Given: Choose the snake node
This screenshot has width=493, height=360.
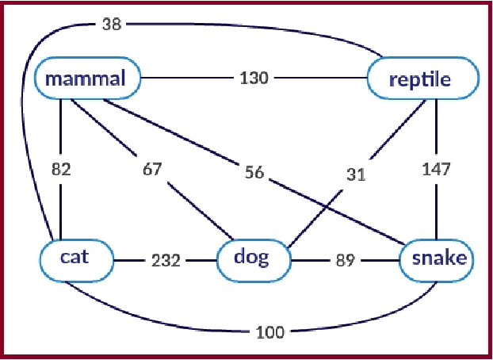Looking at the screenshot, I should pyautogui.click(x=438, y=259).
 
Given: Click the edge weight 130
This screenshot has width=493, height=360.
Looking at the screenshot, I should pyautogui.click(x=254, y=79).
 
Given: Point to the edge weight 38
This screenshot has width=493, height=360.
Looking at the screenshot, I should pyautogui.click(x=110, y=24).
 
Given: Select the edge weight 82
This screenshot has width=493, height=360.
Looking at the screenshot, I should pyautogui.click(x=62, y=170).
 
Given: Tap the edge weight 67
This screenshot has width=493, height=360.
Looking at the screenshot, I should pyautogui.click(x=152, y=170).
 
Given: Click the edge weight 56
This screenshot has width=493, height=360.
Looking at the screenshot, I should pyautogui.click(x=254, y=173).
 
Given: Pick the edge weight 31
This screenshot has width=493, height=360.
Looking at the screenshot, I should pyautogui.click(x=357, y=174).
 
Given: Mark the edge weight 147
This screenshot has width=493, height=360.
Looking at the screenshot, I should pyautogui.click(x=437, y=169).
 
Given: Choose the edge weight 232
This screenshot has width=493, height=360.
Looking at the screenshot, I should pyautogui.click(x=167, y=259).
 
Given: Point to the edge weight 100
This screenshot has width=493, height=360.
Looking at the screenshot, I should pyautogui.click(x=270, y=332).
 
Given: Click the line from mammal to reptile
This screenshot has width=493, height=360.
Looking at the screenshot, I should pyautogui.click(x=190, y=79).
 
